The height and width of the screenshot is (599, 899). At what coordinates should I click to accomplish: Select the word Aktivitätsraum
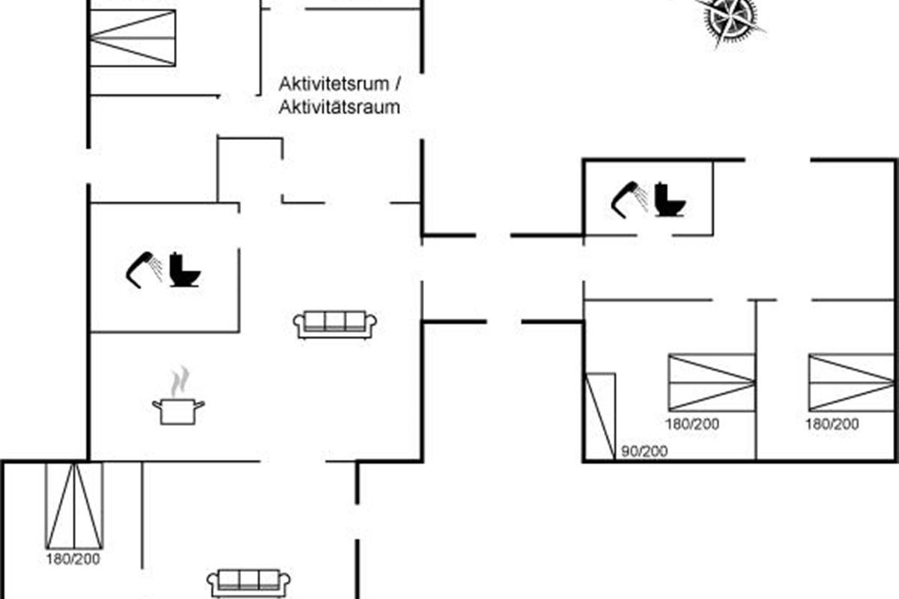pyautogui.click(x=339, y=107)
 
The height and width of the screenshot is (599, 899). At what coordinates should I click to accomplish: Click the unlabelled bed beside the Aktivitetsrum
pyautogui.click(x=133, y=38)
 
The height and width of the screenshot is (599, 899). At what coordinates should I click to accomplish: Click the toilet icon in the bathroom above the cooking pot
pyautogui.click(x=184, y=270)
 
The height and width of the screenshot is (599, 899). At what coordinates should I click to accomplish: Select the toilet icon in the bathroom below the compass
pyautogui.click(x=670, y=199)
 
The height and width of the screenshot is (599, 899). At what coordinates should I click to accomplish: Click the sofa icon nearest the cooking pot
pyautogui.click(x=335, y=324)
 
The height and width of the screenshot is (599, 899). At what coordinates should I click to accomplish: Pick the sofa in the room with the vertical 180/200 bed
pyautogui.click(x=248, y=582)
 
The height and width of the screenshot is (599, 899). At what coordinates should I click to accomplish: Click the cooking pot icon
pyautogui.click(x=178, y=411)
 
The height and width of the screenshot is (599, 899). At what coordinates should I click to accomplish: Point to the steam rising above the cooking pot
pyautogui.click(x=178, y=382)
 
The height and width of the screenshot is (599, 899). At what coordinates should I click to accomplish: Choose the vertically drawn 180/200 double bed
pyautogui.click(x=74, y=505)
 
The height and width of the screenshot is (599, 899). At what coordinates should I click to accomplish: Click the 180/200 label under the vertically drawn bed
pyautogui.click(x=73, y=559)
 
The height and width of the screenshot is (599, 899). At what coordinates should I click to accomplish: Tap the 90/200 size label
pyautogui.click(x=644, y=451)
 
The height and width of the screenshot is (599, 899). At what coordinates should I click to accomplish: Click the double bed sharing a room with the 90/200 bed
pyautogui.click(x=711, y=383)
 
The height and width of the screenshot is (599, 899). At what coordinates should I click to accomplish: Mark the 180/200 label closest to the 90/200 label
pyautogui.click(x=691, y=424)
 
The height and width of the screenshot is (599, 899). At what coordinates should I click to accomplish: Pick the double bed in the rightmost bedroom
pyautogui.click(x=851, y=383)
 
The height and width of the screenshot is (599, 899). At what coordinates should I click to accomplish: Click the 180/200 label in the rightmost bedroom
pyautogui.click(x=832, y=424)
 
